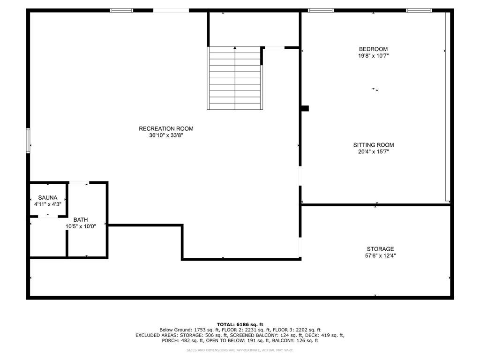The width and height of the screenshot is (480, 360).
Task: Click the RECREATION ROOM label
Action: (x=166, y=129)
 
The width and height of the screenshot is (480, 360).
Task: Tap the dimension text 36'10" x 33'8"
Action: (x=166, y=135)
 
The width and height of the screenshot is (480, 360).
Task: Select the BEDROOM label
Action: (x=373, y=49)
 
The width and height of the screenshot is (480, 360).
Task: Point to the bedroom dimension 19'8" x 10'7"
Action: (x=373, y=56)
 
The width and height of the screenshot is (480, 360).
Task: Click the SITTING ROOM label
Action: (x=373, y=145)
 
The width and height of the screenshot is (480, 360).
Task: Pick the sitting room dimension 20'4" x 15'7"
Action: (x=373, y=152)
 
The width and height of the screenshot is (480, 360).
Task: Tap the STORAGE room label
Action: (x=380, y=249)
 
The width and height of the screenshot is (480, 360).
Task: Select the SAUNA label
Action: (x=47, y=198)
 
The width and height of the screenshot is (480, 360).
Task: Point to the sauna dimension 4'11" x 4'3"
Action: (x=47, y=204)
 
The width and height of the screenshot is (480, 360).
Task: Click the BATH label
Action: (x=80, y=220)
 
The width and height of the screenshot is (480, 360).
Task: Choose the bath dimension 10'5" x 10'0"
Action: (x=80, y=226)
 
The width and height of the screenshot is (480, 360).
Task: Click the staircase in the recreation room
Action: (x=234, y=78)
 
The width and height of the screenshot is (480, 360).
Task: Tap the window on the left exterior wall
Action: (x=28, y=141)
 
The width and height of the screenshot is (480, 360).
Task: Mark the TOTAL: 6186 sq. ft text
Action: (x=240, y=324)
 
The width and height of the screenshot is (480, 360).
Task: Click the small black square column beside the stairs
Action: (x=305, y=108)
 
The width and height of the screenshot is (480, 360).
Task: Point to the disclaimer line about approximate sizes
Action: (x=240, y=350)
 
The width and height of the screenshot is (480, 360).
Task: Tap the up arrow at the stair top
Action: (x=235, y=47)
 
